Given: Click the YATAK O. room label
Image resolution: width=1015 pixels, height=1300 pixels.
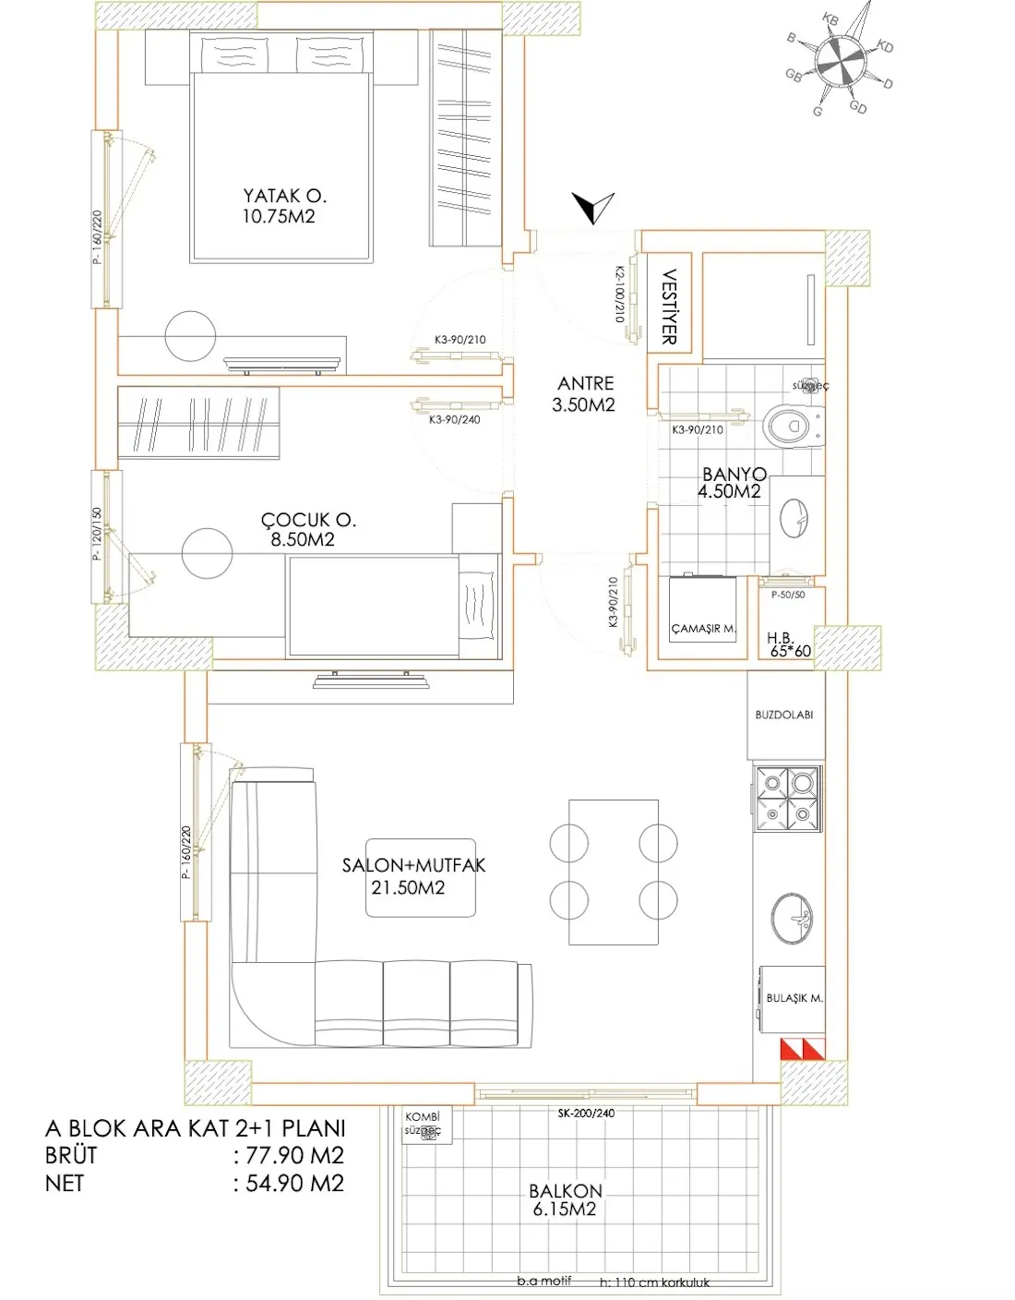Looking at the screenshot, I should pos(284,197).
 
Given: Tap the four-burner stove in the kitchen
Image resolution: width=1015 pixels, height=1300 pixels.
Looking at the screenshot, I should pos(787,799).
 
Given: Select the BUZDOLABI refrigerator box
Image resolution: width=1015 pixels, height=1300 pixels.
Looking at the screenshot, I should pos(784,715).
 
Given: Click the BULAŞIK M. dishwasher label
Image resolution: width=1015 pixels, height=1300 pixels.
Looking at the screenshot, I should pos(794,998).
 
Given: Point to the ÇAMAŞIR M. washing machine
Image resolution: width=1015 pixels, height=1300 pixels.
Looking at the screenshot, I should pos(703,616).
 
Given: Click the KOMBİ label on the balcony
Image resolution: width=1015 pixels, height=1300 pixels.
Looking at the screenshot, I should pos(422,1117).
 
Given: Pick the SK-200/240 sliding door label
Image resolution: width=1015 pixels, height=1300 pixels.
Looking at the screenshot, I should pos(586,1113).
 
